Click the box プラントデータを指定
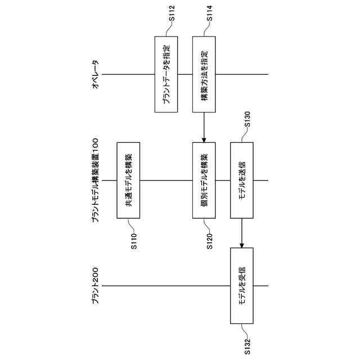pyautogui.click(x=166, y=74)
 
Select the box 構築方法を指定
pyautogui.click(x=204, y=74)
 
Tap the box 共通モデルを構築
pyautogui.click(x=128, y=181)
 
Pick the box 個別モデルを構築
pyautogui.click(x=204, y=181)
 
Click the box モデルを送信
pyautogui.click(x=242, y=181)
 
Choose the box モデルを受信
pyautogui.click(x=242, y=286)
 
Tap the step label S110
pyautogui.click(x=133, y=240)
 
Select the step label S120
pyautogui.click(x=209, y=240)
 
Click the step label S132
pyautogui.click(x=247, y=344)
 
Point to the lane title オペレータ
pyautogui.click(x=95, y=74)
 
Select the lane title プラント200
pyautogui.click(x=95, y=286)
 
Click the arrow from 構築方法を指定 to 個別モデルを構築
pyautogui.click(x=204, y=127)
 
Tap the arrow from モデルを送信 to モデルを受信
pyautogui.click(x=242, y=233)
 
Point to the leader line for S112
pyautogui.click(x=169, y=29)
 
